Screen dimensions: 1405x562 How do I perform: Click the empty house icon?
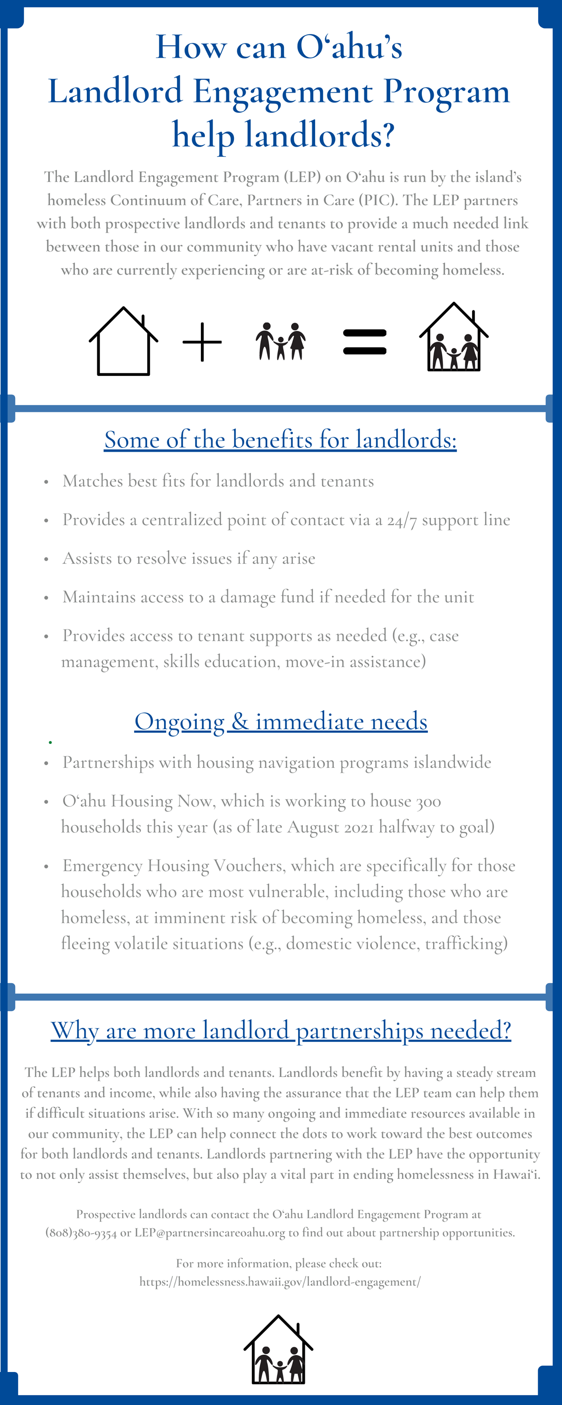click(123, 342)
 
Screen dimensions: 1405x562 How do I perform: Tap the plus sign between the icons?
click(202, 342)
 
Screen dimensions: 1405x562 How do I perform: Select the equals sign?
click(365, 342)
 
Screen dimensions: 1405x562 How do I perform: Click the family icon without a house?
click(281, 342)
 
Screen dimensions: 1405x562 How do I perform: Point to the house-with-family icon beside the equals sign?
click(454, 338)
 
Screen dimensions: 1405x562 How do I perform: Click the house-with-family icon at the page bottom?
click(279, 1349)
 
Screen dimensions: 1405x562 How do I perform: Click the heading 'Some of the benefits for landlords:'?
click(280, 440)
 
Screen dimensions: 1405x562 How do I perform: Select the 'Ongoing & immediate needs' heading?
click(281, 721)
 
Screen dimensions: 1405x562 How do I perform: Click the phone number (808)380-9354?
click(81, 1233)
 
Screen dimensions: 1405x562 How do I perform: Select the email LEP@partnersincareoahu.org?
click(210, 1233)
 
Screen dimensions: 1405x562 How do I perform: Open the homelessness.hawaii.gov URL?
click(280, 1281)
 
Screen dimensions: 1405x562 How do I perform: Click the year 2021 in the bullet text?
click(358, 827)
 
